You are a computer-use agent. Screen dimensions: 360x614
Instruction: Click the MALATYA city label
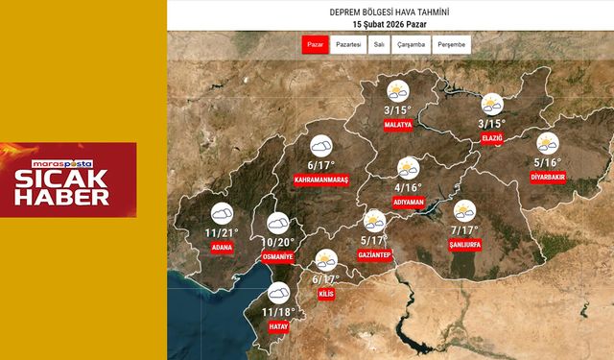[x=396, y=125]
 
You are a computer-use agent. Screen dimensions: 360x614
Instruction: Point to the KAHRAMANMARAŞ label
[x=320, y=180]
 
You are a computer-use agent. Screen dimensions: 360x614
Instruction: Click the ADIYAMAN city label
[x=408, y=202]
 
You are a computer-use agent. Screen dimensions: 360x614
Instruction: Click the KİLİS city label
[x=325, y=293]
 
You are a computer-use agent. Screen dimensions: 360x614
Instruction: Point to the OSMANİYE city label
[x=278, y=256]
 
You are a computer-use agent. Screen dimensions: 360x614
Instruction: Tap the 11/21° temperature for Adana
[x=222, y=233]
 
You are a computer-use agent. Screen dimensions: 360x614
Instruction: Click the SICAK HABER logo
[x=68, y=179]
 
